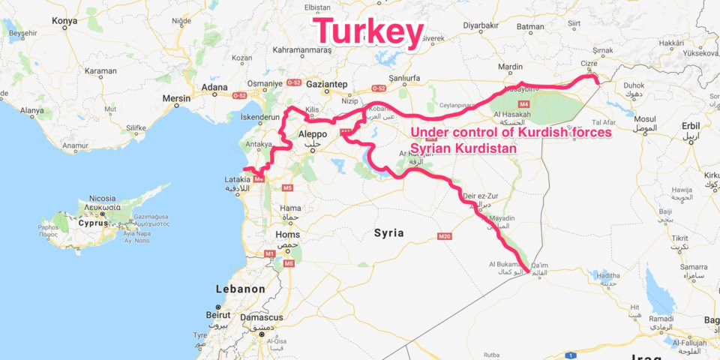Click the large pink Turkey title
[368, 32]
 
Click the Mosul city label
[645, 119]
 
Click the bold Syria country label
[388, 233]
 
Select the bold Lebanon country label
[240, 289]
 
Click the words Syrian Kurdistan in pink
[463, 149]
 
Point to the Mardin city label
[510, 67]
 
